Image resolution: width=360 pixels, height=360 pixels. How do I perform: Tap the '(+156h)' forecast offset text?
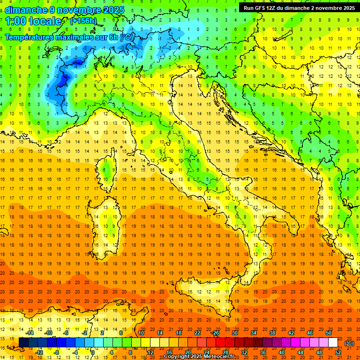click(x=83, y=21)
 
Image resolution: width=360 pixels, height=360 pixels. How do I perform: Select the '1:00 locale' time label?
click(x=33, y=21)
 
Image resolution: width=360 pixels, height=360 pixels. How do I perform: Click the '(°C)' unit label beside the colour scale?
click(x=349, y=343)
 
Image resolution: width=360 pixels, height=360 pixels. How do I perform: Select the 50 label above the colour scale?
click(x=329, y=333)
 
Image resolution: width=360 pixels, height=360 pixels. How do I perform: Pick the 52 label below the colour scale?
click(x=338, y=352)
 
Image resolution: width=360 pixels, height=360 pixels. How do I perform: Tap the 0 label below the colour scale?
click(x=93, y=352)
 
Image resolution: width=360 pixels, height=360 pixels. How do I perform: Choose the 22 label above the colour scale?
click(x=197, y=333)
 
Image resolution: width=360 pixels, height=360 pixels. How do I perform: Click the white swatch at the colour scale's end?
click(x=333, y=343)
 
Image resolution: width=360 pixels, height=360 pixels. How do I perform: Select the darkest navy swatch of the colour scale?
click(x=23, y=343)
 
